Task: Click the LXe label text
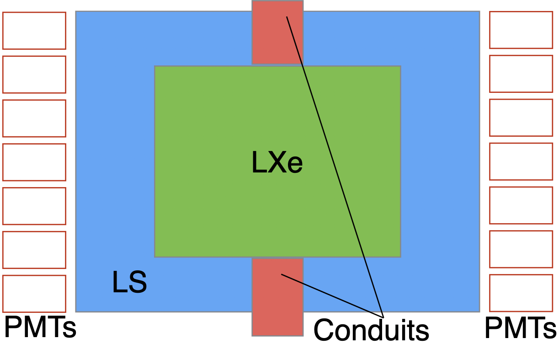(277, 162)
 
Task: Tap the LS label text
(129, 283)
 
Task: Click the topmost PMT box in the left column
(34, 31)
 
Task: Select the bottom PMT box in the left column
(34, 294)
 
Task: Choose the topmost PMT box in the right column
(521, 30)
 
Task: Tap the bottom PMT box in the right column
(521, 293)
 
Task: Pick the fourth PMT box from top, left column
(34, 162)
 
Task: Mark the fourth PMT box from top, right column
(521, 161)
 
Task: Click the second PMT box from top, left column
(34, 75)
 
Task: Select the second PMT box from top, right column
(521, 74)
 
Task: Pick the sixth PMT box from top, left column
(34, 250)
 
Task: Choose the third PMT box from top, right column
(521, 118)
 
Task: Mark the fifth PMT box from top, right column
(521, 205)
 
